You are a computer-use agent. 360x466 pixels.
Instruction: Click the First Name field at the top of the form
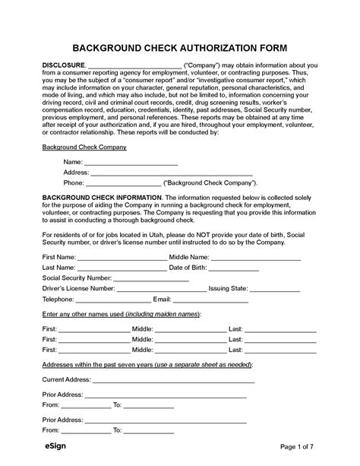[x=123, y=257]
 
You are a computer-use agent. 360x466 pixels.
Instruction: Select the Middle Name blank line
[x=256, y=257]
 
